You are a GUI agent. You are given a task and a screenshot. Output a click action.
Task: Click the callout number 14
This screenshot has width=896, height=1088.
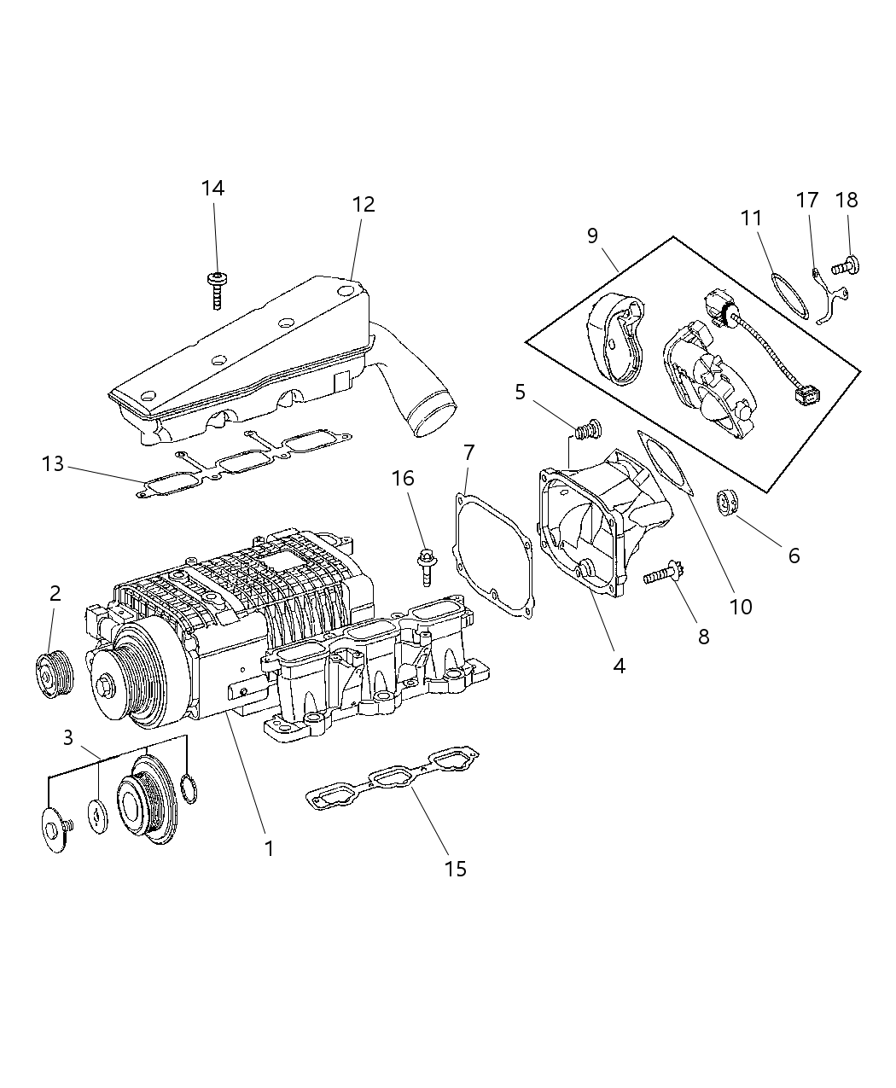(x=212, y=188)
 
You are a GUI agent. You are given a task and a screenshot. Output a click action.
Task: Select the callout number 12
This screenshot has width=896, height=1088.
(x=363, y=204)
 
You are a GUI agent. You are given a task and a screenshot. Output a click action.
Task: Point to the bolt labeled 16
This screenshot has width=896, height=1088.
(x=426, y=566)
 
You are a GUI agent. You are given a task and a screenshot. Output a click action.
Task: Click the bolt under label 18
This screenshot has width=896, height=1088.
(x=846, y=266)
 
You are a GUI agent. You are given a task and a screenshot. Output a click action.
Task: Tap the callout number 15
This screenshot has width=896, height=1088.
(x=456, y=868)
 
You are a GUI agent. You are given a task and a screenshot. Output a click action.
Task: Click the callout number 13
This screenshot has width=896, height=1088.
(x=53, y=464)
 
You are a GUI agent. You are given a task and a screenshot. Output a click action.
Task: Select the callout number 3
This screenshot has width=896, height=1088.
(x=68, y=737)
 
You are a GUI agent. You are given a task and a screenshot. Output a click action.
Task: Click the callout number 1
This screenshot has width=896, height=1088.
(x=269, y=848)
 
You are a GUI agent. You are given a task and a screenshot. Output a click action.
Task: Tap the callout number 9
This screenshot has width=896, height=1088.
(x=593, y=236)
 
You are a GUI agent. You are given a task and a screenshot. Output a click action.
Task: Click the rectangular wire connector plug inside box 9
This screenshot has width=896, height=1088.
(x=806, y=395)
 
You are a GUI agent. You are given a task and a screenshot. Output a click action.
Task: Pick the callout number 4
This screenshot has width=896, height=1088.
(x=619, y=666)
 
